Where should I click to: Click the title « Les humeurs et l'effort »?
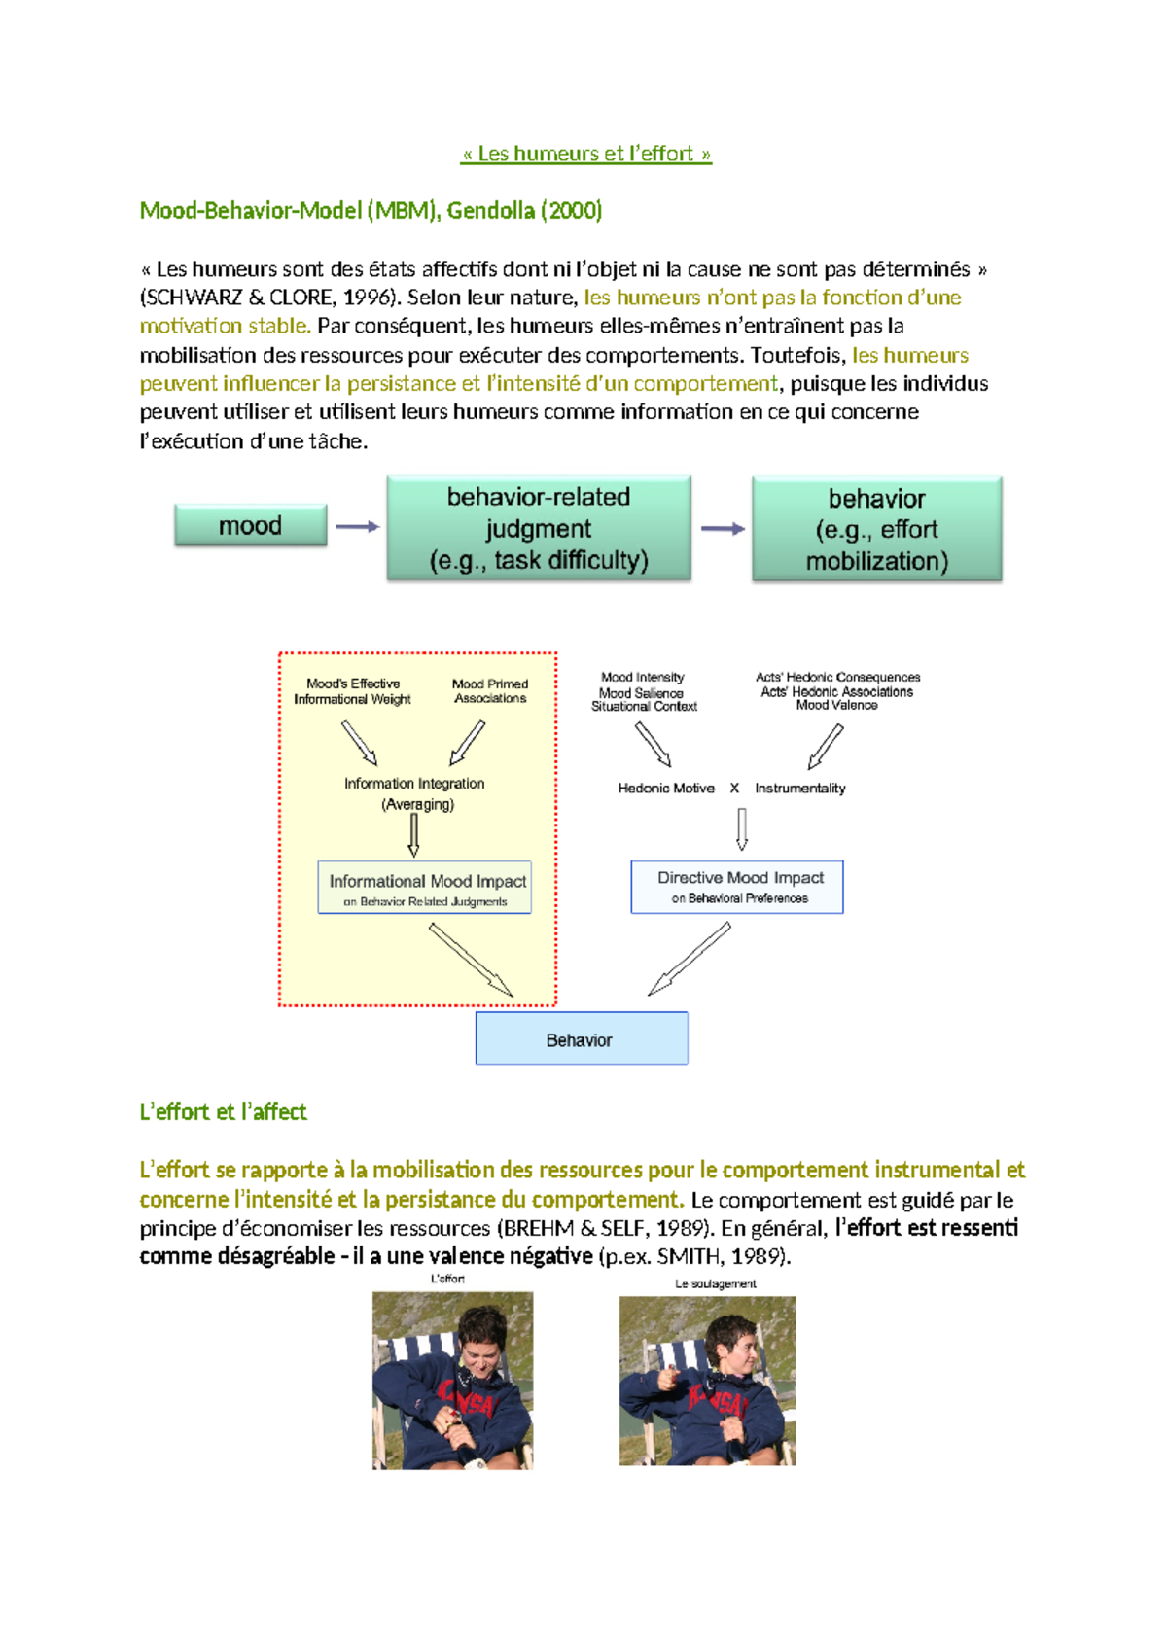(585, 154)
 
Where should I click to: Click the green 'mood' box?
(250, 526)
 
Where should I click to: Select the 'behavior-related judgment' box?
(539, 528)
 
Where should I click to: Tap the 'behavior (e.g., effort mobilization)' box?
(876, 530)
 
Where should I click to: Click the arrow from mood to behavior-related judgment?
(357, 527)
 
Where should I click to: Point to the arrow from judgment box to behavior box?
(723, 529)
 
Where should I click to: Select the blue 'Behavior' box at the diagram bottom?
(581, 1039)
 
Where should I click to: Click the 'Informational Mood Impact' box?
(425, 887)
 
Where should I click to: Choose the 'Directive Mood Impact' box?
(737, 887)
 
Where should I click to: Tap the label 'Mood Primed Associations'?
(490, 691)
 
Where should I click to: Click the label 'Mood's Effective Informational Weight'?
(352, 691)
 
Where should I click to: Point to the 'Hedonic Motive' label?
(666, 789)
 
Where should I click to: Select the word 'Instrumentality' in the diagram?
(799, 789)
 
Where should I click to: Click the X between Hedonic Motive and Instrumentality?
(734, 789)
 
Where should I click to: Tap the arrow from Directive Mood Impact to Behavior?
(689, 959)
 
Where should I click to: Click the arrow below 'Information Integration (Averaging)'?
(414, 834)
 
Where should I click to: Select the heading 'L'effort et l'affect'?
(223, 1112)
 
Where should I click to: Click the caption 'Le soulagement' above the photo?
(715, 1284)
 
